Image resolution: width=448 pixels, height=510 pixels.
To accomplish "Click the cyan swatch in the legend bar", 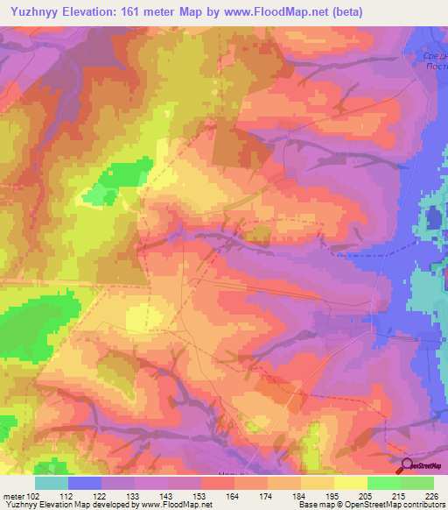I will (x=52, y=483).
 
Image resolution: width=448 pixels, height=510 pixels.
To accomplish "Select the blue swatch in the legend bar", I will (x=85, y=483).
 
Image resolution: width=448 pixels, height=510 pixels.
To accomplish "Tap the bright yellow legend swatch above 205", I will (x=350, y=483).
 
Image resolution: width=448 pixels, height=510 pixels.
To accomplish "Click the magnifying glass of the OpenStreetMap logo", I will (x=406, y=467).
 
